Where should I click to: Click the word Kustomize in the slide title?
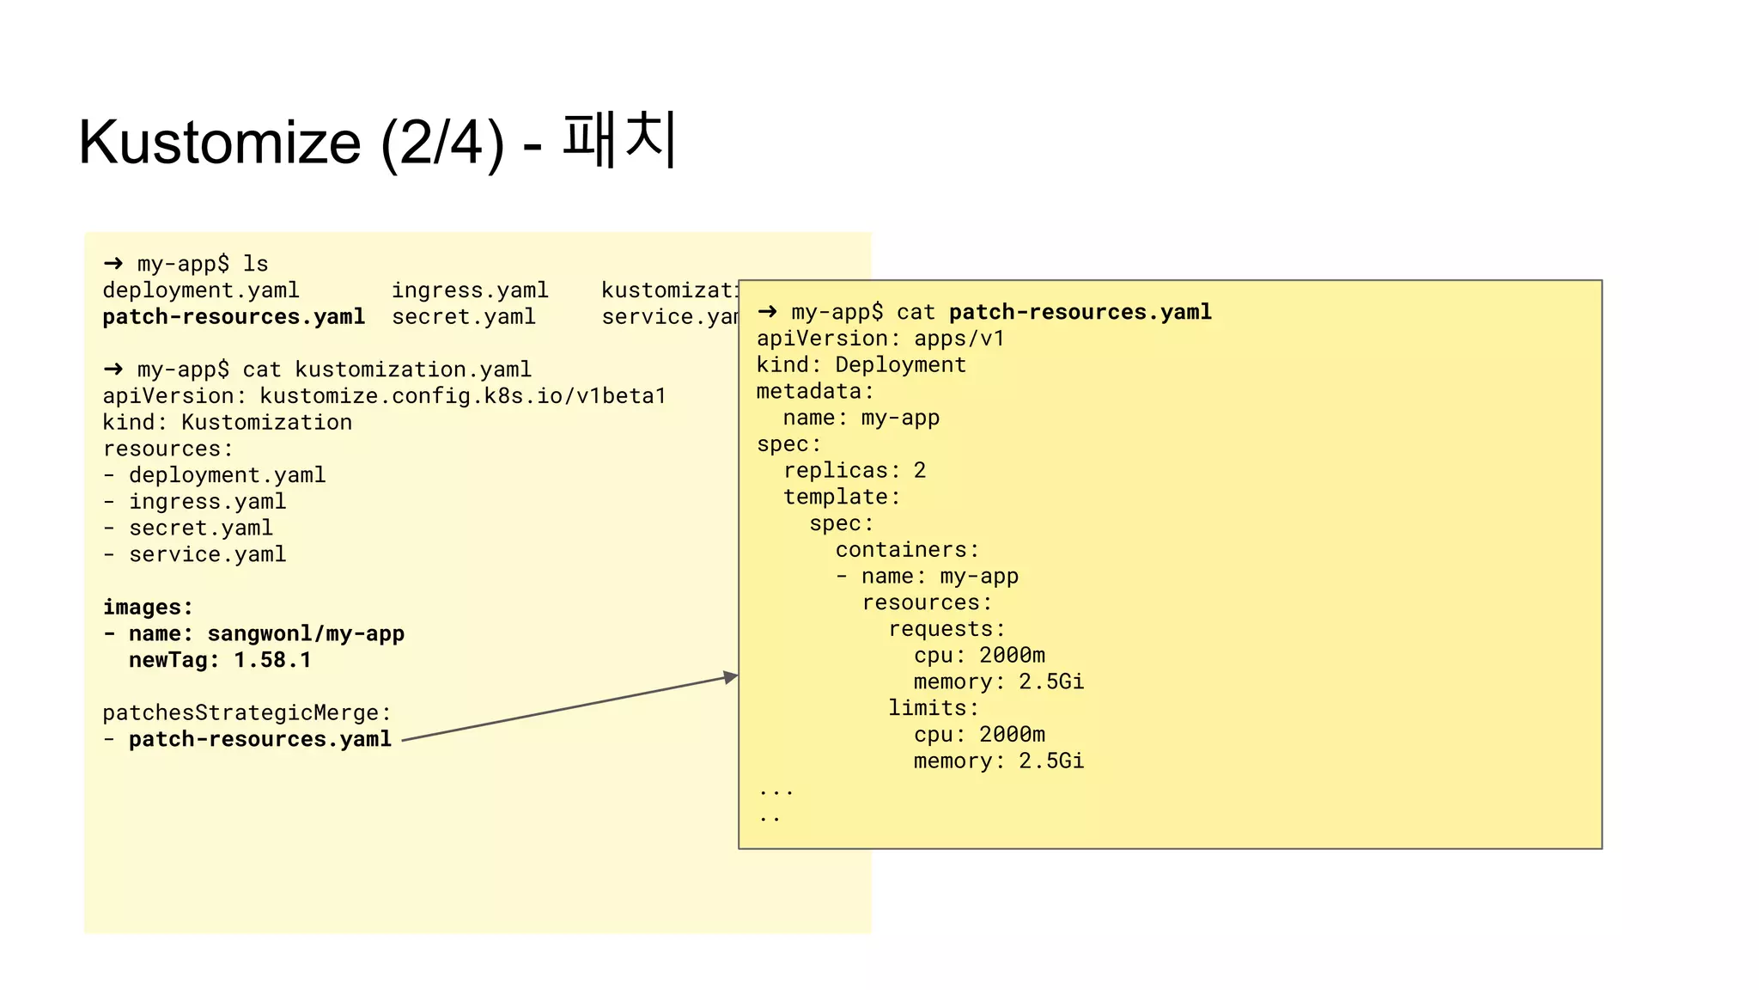coord(220,143)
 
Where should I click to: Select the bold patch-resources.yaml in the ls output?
coord(234,317)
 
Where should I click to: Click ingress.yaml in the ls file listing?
coord(470,290)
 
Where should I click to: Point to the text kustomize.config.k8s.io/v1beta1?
coord(463,396)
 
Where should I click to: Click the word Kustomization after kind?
coord(266,423)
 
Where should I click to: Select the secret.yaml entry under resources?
coord(201,529)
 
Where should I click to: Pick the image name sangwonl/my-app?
coord(306,634)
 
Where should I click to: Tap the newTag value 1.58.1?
coord(272,661)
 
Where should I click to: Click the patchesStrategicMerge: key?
coord(247,713)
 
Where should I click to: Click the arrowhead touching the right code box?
coord(731,677)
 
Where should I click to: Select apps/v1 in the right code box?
coord(959,339)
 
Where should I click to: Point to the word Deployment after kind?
coord(901,365)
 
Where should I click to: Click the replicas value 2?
coord(920,471)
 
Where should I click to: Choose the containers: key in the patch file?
coord(907,550)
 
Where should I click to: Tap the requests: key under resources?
coord(946,629)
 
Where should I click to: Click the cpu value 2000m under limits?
coord(1012,735)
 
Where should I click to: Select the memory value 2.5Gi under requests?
coord(1051,682)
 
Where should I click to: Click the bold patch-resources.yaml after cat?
coord(1080,312)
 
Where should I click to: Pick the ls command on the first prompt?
coord(256,264)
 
